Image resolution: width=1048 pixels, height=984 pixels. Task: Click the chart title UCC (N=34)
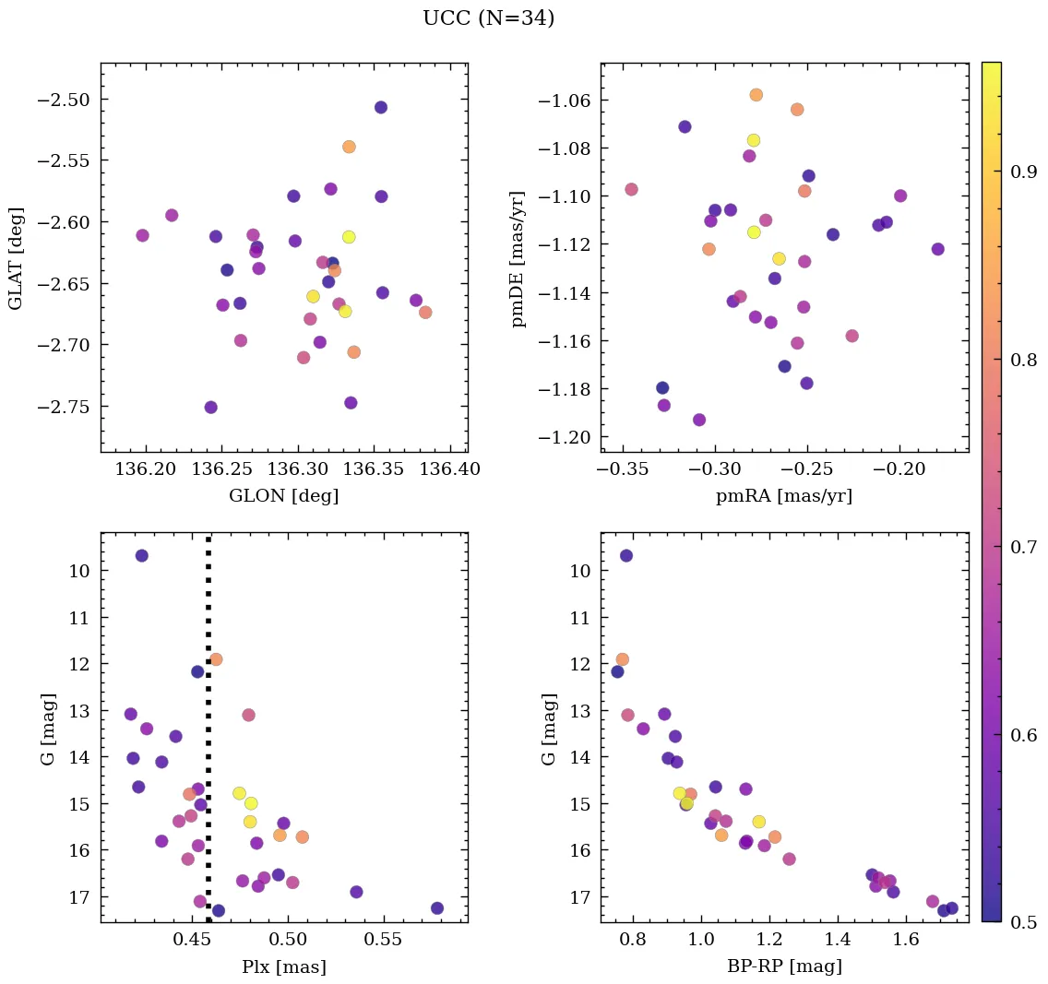click(x=488, y=18)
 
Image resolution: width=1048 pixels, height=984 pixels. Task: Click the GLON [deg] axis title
click(x=283, y=496)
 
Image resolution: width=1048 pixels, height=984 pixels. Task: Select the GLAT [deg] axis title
click(x=16, y=257)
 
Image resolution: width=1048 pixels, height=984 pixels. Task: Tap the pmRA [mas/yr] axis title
click(x=783, y=496)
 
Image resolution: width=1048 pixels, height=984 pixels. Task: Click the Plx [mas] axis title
click(x=283, y=966)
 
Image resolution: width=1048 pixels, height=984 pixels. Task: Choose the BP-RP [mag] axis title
click(x=783, y=966)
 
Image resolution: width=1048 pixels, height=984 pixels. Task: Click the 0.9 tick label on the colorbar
click(x=1022, y=172)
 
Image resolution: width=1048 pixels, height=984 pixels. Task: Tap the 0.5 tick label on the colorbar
click(x=1022, y=922)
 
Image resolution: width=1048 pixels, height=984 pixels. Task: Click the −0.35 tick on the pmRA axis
click(x=625, y=469)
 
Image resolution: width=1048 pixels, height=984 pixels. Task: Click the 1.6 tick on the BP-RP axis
click(x=906, y=940)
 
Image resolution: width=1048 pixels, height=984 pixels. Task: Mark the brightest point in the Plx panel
click(x=141, y=555)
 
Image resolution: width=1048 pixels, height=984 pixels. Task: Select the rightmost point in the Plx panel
click(x=437, y=908)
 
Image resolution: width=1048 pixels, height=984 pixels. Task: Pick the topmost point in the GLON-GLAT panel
click(x=381, y=108)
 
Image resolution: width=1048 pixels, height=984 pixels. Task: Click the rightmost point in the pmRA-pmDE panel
click(x=938, y=249)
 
